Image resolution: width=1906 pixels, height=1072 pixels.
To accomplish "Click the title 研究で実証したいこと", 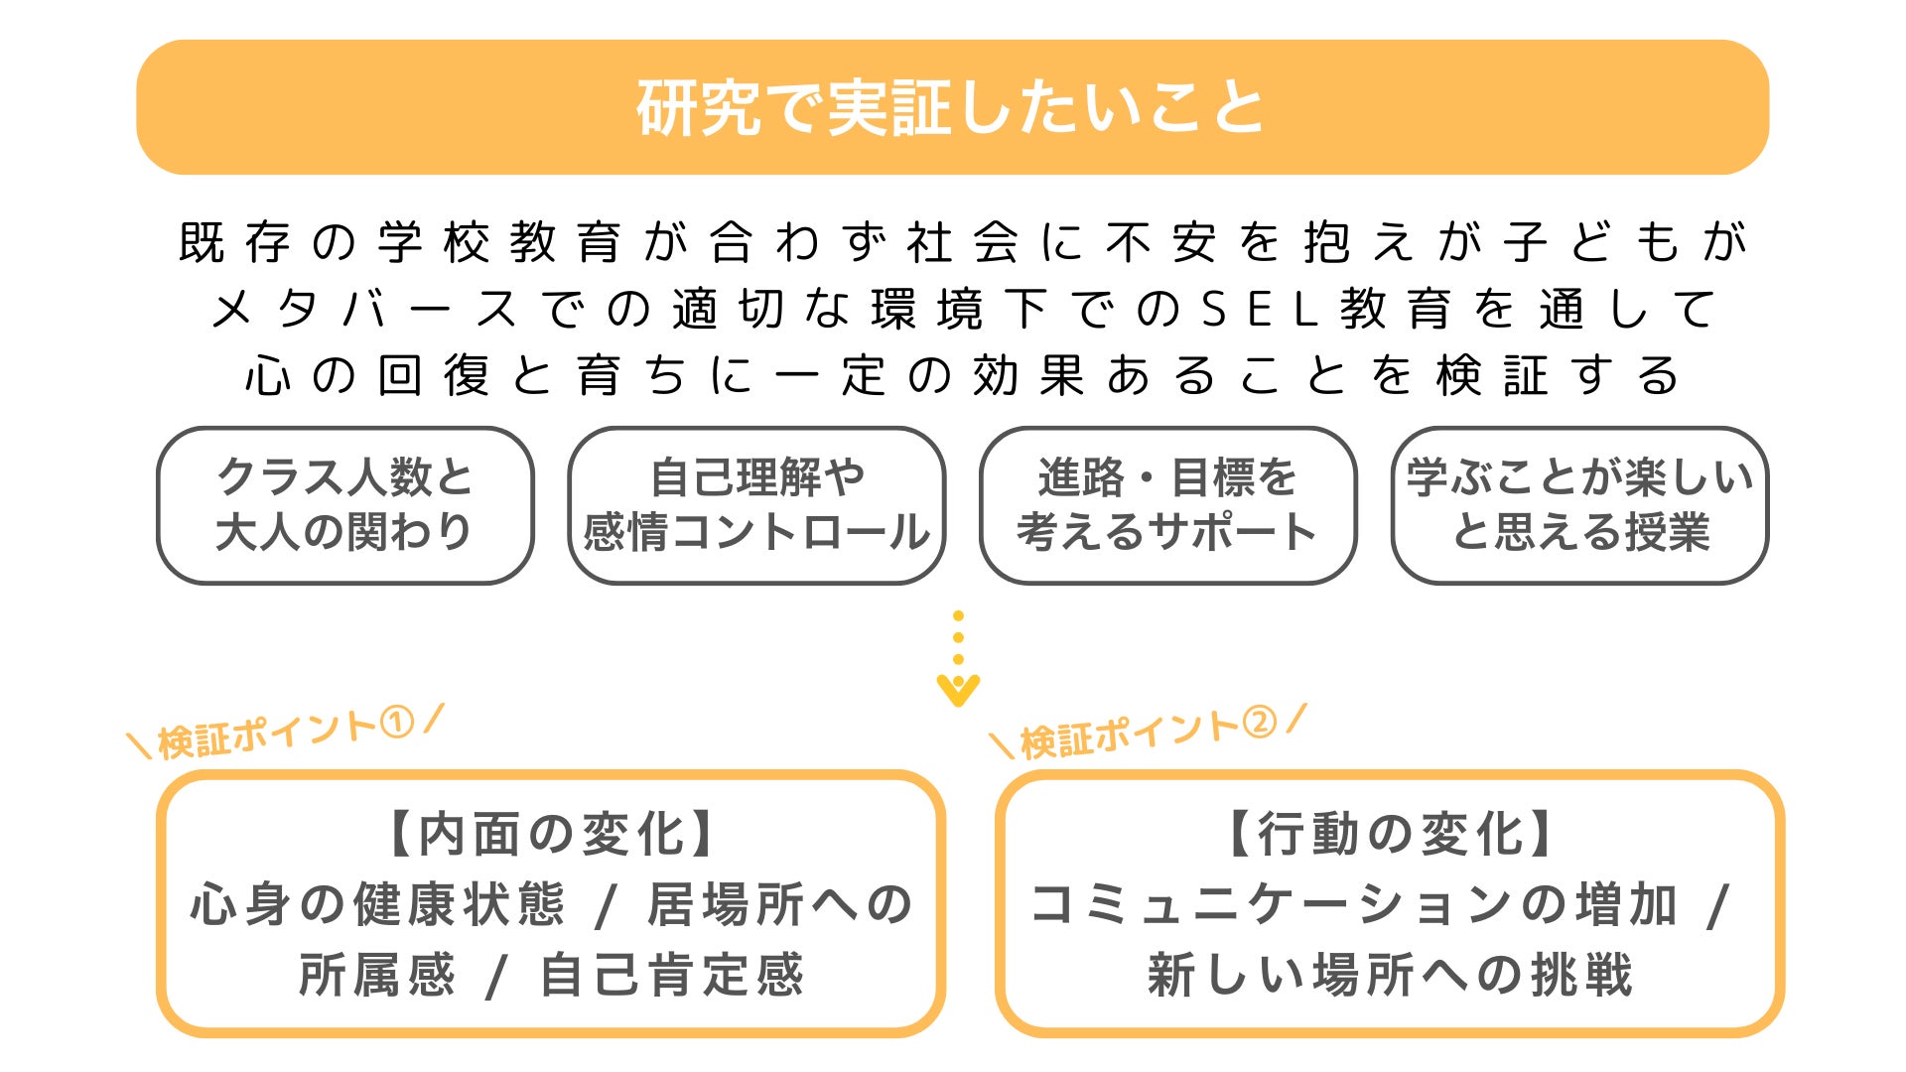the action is pyautogui.click(x=951, y=107).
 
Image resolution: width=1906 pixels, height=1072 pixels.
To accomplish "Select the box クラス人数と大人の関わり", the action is pyautogui.click(x=344, y=505).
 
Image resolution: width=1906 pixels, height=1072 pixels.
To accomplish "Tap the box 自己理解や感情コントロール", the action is pyautogui.click(x=755, y=505).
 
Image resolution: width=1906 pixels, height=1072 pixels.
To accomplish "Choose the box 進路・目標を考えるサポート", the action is pyautogui.click(x=1167, y=505).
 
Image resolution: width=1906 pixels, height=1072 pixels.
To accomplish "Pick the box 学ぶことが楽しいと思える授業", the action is pyautogui.click(x=1579, y=505).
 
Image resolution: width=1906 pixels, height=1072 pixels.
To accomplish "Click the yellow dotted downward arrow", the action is pyautogui.click(x=958, y=660).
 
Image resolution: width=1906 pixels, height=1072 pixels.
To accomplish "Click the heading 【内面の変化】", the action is pyautogui.click(x=551, y=834).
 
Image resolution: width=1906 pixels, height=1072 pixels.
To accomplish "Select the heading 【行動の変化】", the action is pyautogui.click(x=1390, y=834).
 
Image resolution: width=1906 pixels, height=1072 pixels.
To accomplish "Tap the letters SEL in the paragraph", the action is pyautogui.click(x=1261, y=310).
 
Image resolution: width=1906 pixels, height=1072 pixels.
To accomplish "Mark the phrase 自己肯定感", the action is pyautogui.click(x=671, y=975).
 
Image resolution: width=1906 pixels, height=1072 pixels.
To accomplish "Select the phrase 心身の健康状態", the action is pyautogui.click(x=377, y=905).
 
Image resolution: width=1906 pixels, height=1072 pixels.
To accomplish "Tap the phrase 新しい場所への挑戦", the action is pyautogui.click(x=1390, y=975).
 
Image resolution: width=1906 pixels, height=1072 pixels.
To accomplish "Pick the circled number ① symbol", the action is pyautogui.click(x=397, y=724).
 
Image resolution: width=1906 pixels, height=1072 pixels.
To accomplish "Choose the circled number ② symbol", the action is pyautogui.click(x=1260, y=724).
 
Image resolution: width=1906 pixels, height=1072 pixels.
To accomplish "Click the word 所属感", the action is pyautogui.click(x=377, y=975).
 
